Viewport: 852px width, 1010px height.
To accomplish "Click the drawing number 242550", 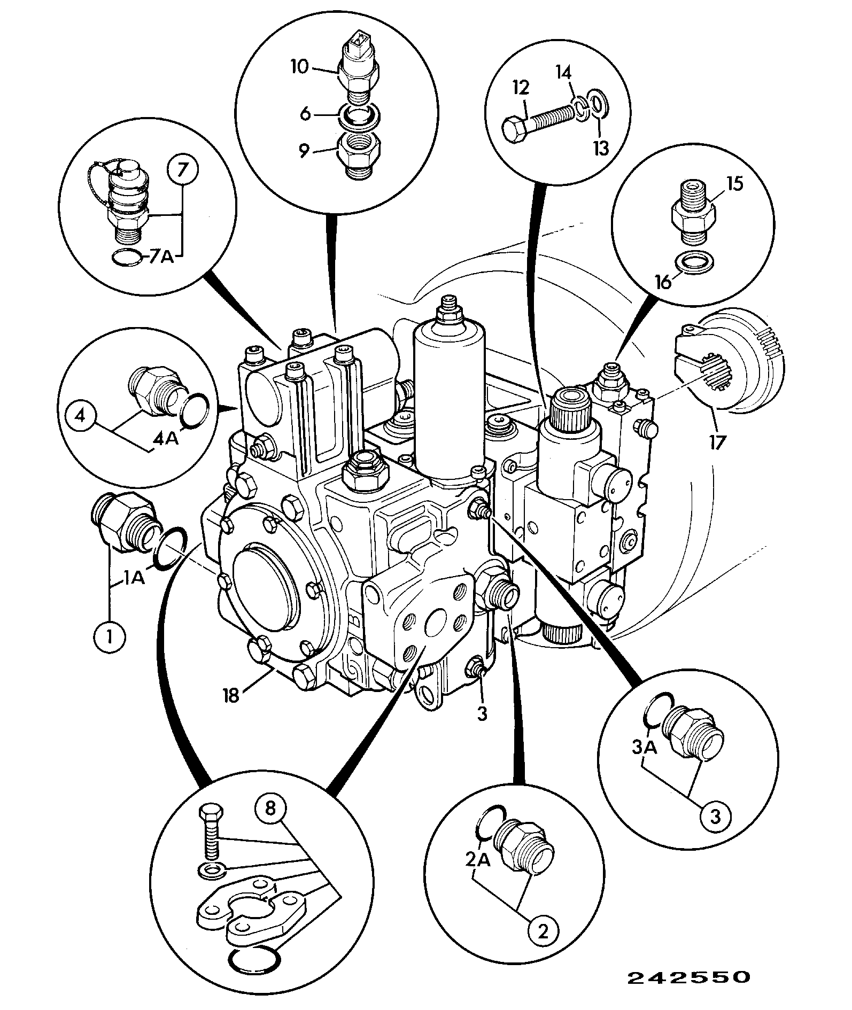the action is click(x=689, y=977).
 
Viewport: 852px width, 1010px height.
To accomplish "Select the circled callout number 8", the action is click(x=270, y=823).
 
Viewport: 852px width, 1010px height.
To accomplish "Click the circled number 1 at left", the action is click(x=110, y=636).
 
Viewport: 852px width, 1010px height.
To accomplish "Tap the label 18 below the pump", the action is click(x=231, y=696).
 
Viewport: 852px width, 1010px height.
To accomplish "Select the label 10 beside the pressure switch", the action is click(x=300, y=68).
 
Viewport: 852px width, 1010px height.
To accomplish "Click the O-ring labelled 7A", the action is click(x=129, y=258).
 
